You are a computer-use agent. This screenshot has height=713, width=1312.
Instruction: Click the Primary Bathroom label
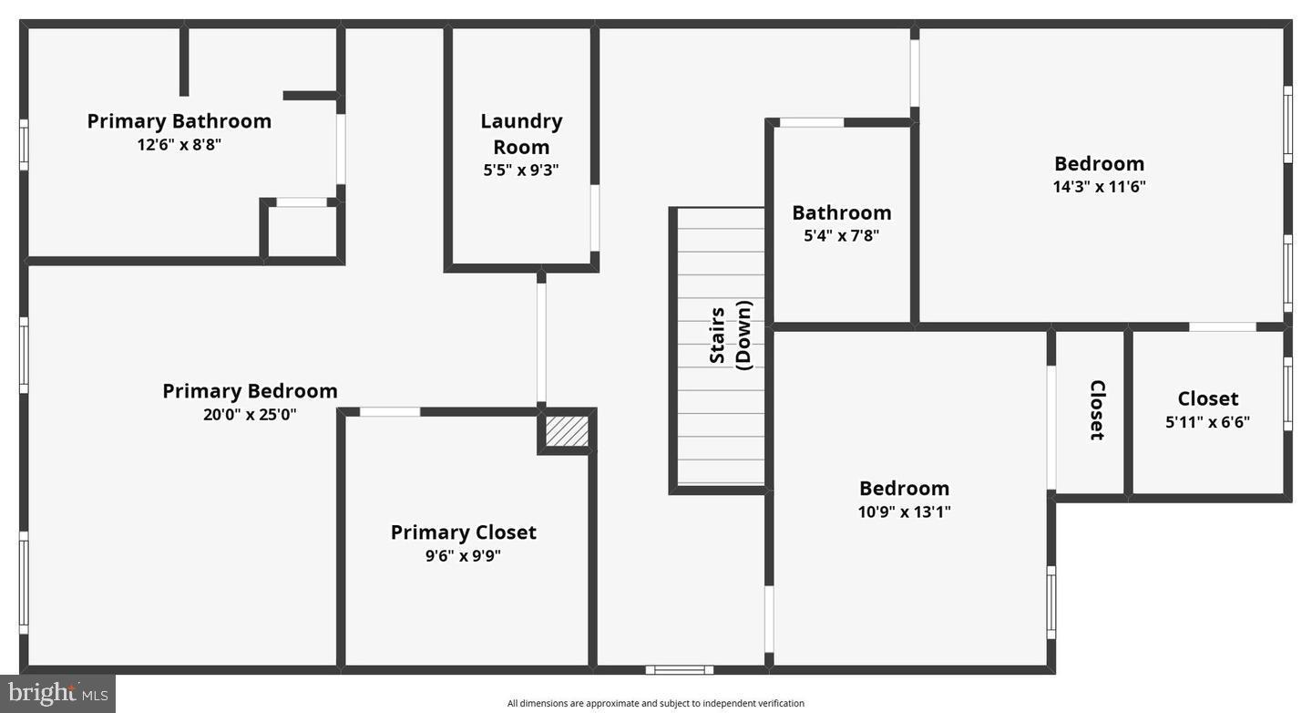179,120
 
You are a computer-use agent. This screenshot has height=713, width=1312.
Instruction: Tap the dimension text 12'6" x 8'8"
179,144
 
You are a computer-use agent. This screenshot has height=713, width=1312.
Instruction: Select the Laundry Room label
521,133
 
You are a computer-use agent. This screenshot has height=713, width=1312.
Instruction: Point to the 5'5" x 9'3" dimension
521,170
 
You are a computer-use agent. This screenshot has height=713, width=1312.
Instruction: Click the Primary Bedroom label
250,390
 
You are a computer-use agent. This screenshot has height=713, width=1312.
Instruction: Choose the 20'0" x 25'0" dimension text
250,414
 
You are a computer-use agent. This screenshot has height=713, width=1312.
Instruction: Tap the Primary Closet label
463,532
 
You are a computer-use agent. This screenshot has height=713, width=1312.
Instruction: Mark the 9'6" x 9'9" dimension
463,555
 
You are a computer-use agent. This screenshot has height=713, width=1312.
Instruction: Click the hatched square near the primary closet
567,430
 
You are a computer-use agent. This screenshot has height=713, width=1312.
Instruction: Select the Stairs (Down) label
731,336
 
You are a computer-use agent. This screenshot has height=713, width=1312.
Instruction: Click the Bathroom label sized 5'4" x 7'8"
841,212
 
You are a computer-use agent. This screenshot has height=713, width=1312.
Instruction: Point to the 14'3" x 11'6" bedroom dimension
1099,187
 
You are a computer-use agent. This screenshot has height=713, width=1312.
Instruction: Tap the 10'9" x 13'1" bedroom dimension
904,511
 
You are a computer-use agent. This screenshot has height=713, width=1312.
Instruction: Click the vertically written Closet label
1097,409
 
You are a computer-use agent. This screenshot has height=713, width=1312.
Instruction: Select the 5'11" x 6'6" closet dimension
1207,422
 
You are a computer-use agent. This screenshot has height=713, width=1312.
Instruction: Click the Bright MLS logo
56,694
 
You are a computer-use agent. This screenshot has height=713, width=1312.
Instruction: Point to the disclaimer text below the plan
655,703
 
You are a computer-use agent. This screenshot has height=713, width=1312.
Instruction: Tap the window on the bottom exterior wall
679,670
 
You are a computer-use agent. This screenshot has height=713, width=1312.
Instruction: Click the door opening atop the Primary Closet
390,412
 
